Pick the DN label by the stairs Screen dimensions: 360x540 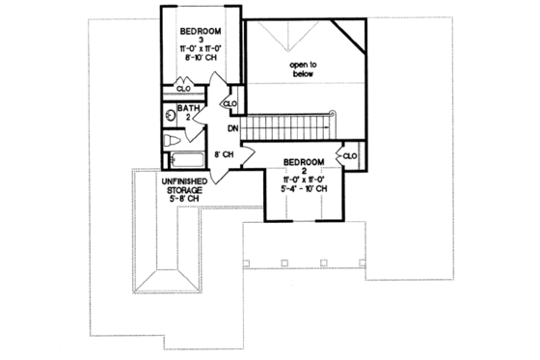(x=232, y=127)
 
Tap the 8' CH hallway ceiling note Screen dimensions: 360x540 (x=223, y=153)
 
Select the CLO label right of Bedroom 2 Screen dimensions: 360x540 (x=349, y=154)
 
